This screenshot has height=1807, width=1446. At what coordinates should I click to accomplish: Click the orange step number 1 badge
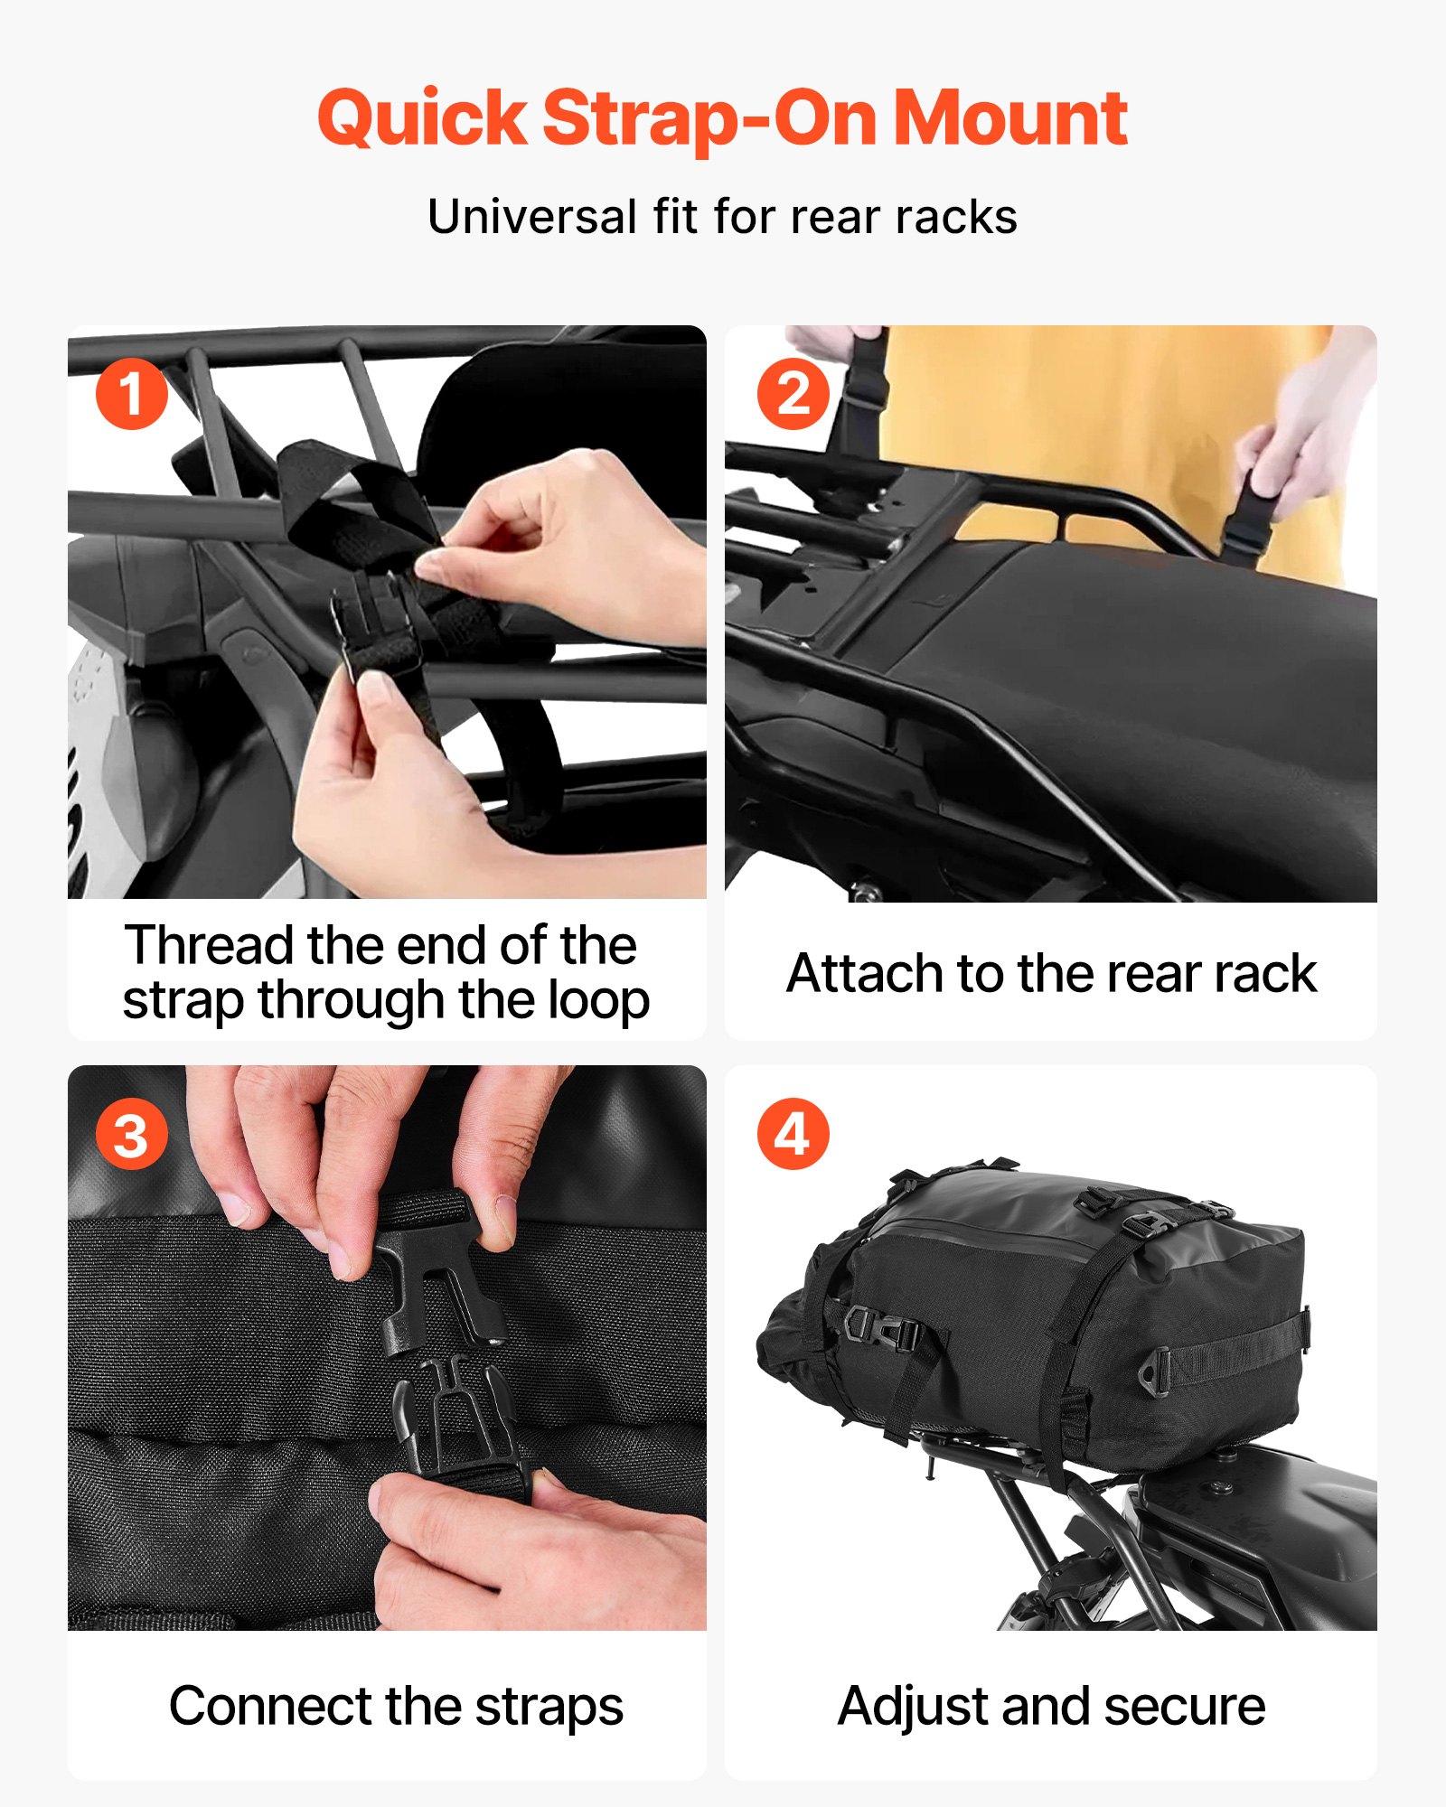[x=132, y=394]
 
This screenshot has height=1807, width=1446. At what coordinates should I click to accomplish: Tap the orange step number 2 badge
[x=793, y=394]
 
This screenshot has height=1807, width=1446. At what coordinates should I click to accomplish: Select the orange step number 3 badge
[x=132, y=1135]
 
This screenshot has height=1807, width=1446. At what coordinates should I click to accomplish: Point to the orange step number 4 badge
[x=793, y=1135]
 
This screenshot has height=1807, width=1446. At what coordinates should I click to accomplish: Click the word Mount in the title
[x=1009, y=118]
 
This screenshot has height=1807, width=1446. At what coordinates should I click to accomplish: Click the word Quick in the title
[x=422, y=118]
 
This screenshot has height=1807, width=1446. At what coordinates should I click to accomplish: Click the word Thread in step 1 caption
[x=210, y=945]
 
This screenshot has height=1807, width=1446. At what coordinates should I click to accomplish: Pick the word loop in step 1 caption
[x=599, y=1000]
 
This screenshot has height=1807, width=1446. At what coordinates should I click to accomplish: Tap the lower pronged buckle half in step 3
[x=452, y=1418]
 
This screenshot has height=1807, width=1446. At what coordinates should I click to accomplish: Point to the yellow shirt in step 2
[x=1084, y=425]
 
